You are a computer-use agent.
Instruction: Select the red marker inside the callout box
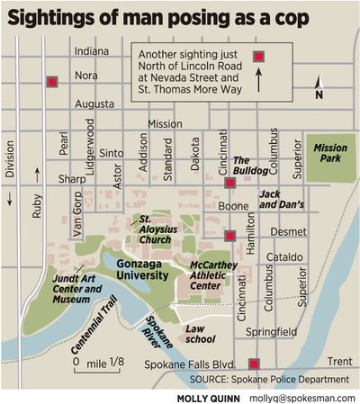click(259, 57)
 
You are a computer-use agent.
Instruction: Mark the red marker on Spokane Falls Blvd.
click(255, 364)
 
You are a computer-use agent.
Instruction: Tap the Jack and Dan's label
click(283, 199)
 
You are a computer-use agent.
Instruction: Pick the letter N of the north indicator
click(318, 94)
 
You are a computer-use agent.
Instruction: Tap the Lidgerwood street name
click(89, 145)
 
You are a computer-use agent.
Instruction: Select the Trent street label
click(339, 361)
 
